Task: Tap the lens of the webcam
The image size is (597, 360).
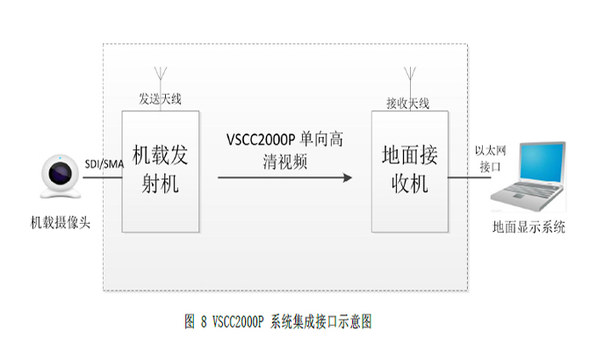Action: [61, 171]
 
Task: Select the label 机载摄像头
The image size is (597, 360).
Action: [61, 221]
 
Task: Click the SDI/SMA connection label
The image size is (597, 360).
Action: [104, 164]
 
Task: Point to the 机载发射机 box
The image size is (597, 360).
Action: [161, 171]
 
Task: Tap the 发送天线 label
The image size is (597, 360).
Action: [161, 99]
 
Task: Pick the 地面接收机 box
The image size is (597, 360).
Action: [410, 171]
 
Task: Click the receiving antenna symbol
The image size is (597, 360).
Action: [409, 77]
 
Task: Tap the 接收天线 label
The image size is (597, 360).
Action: [408, 104]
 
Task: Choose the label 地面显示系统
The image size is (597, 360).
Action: [529, 227]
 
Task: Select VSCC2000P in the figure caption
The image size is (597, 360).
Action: [238, 322]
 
